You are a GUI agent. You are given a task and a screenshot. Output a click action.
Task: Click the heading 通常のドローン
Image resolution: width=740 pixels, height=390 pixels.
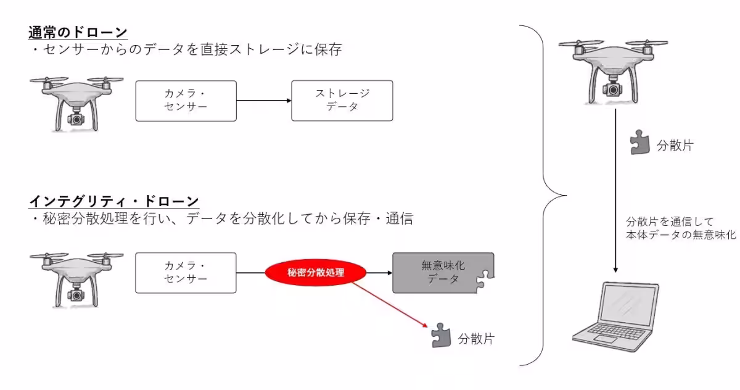(78, 31)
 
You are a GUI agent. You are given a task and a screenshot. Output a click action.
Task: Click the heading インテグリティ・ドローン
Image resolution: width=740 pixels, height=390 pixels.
(114, 201)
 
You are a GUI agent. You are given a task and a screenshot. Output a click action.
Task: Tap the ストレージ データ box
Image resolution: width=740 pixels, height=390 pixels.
(342, 100)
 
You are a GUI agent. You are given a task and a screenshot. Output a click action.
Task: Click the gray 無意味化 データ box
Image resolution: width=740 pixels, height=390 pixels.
(443, 273)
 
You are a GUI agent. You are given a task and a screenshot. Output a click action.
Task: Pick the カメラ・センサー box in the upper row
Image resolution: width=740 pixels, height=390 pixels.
(186, 100)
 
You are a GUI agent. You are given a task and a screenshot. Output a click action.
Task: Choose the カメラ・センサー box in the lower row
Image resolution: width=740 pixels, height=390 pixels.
(186, 273)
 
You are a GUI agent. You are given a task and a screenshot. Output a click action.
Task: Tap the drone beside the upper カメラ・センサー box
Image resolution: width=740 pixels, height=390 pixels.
(76, 102)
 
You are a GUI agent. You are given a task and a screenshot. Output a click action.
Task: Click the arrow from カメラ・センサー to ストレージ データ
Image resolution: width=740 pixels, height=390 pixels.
(264, 101)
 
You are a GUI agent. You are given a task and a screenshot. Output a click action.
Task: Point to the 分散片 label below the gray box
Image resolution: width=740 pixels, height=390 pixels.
(475, 339)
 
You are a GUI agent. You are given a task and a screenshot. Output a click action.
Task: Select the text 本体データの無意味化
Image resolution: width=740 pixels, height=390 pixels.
(681, 234)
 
